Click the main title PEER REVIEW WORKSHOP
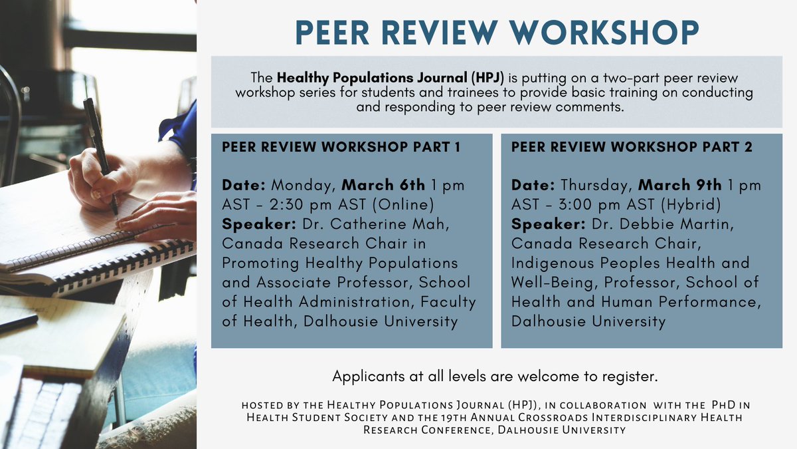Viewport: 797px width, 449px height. click(497, 31)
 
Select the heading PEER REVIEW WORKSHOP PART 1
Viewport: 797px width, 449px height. click(341, 148)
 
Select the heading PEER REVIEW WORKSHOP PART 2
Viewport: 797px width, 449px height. click(632, 148)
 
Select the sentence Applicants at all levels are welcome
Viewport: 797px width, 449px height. click(495, 377)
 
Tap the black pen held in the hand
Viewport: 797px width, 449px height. click(99, 146)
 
